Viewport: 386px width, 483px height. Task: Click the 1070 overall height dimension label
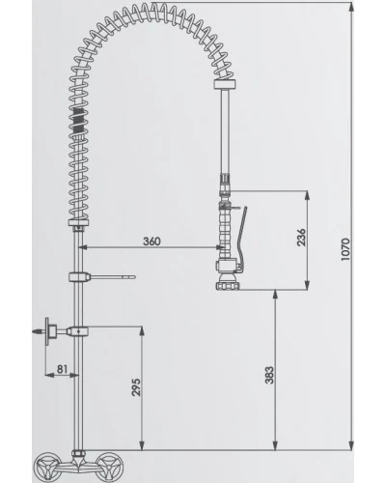point(345,249)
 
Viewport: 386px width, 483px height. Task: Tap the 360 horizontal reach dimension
point(152,241)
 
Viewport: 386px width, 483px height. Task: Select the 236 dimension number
point(301,238)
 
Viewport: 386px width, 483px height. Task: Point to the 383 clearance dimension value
point(269,375)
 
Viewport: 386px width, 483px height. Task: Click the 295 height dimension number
point(136,387)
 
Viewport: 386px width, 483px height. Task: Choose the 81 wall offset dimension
point(63,369)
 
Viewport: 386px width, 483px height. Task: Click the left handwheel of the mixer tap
point(48,468)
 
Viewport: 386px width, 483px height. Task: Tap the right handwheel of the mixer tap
point(110,468)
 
